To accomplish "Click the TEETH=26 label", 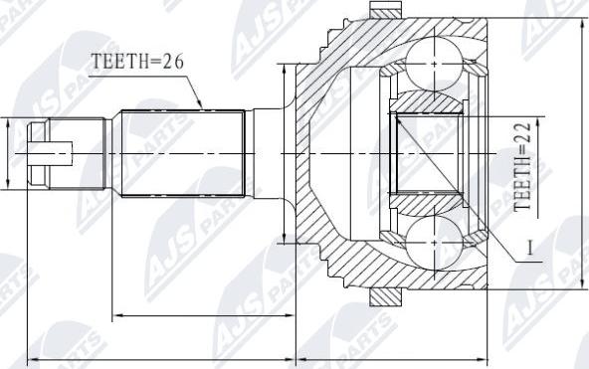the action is [138, 62].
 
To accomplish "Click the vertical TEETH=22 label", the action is [522, 166].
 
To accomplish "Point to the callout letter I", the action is [530, 248].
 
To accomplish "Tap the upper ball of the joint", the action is [434, 64].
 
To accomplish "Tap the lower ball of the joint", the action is [434, 243].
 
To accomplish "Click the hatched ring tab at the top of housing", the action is [385, 10].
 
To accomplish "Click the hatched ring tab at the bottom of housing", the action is [385, 297].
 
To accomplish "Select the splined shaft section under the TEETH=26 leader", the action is [183, 153].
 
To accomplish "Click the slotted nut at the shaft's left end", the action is [39, 153].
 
